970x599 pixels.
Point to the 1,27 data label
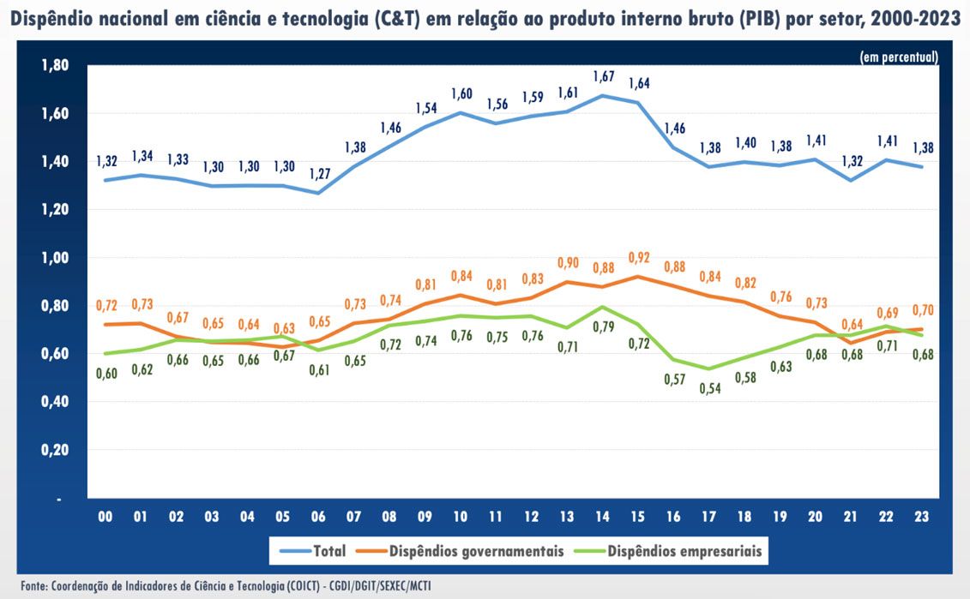point(318,174)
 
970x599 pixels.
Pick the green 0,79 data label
point(605,326)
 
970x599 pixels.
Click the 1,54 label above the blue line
point(426,108)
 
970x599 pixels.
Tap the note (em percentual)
point(899,57)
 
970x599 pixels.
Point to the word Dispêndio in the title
point(49,20)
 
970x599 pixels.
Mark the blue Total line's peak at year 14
point(602,95)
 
